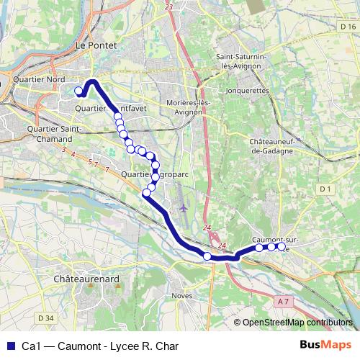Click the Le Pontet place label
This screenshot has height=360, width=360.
tap(96, 45)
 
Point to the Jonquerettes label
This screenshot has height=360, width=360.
tap(247, 91)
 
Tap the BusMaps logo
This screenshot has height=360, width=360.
tap(326, 346)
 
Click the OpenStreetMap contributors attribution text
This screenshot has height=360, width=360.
tap(297, 323)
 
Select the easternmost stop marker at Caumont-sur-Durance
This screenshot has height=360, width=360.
tap(282, 246)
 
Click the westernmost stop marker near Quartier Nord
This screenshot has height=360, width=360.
tap(78, 91)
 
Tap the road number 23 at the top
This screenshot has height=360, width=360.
tap(169, 6)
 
